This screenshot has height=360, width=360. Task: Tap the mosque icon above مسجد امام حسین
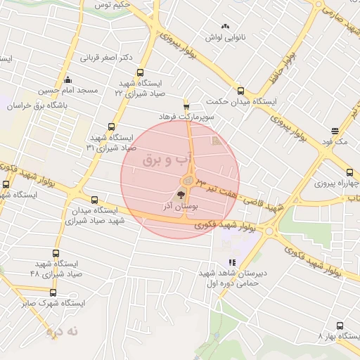pyautogui.click(x=67, y=79)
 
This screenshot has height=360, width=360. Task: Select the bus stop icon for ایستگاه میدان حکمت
pyautogui.click(x=240, y=91)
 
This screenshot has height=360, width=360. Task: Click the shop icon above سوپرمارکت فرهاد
pyautogui.click(x=186, y=103)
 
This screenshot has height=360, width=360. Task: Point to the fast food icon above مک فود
pyautogui.click(x=334, y=131)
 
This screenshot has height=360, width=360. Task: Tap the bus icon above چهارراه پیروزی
pyautogui.click(x=349, y=172)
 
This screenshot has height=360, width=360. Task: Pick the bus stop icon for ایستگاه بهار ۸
pyautogui.click(x=340, y=326)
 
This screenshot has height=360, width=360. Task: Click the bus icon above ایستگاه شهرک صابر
pyautogui.click(x=53, y=292)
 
